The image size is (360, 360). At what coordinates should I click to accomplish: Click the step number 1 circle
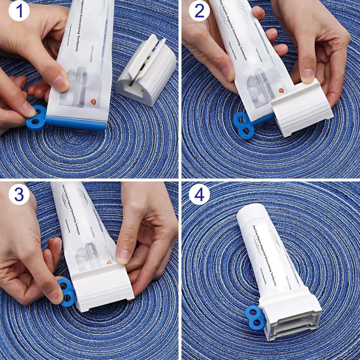(x=19, y=11)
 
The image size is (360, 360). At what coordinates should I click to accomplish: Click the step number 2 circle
(x=199, y=11)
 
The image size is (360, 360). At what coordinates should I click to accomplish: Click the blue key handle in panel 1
(x=36, y=118)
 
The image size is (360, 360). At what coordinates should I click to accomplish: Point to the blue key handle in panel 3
(x=67, y=292)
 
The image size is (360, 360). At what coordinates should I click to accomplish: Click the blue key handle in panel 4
(x=256, y=317)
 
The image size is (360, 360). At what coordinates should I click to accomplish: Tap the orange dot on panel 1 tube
(x=93, y=102)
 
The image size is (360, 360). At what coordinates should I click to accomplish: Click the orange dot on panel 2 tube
(x=281, y=90)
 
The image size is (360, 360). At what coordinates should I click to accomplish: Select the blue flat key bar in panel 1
(x=76, y=123)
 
